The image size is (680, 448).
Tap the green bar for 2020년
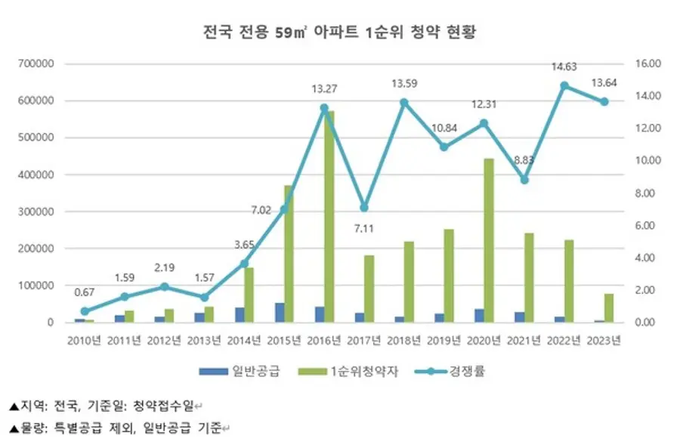click(x=488, y=240)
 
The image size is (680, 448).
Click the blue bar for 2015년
click(x=280, y=313)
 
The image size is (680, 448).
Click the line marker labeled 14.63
click(x=564, y=85)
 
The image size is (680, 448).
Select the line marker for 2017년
click(x=364, y=207)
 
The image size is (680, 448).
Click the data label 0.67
click(x=83, y=292)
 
